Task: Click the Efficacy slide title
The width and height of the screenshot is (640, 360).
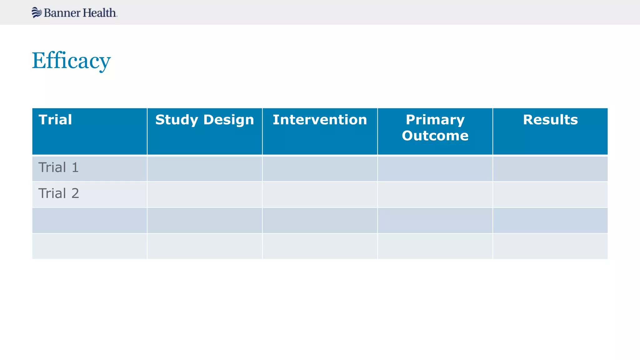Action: (x=71, y=61)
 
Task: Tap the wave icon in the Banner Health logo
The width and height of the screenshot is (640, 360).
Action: (x=37, y=12)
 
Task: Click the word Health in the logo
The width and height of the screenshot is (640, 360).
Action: (x=100, y=13)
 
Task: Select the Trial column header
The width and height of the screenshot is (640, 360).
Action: (x=55, y=120)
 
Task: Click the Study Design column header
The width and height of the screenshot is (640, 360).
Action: (x=205, y=120)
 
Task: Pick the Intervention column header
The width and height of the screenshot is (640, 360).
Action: (x=320, y=120)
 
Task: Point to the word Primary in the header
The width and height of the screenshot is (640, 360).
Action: (x=435, y=120)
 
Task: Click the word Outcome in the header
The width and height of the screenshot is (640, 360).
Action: (x=435, y=136)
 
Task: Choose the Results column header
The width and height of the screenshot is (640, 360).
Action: (x=550, y=120)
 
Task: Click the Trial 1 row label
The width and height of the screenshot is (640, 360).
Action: (x=58, y=167)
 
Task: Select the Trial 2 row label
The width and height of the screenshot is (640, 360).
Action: (x=59, y=193)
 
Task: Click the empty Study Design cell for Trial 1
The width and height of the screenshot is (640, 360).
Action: (x=205, y=169)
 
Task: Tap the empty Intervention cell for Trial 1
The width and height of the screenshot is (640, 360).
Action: (x=320, y=169)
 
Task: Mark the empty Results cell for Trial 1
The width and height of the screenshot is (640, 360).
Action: (x=550, y=169)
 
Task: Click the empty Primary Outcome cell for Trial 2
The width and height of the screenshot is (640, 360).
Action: (x=435, y=195)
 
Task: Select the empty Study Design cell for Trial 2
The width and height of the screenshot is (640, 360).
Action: (x=205, y=195)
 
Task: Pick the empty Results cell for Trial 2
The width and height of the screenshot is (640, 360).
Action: (x=550, y=195)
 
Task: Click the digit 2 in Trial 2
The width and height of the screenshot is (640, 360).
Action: (x=75, y=193)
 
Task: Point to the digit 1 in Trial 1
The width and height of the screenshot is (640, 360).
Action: (x=75, y=167)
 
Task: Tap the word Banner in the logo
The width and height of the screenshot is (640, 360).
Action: (x=62, y=13)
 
